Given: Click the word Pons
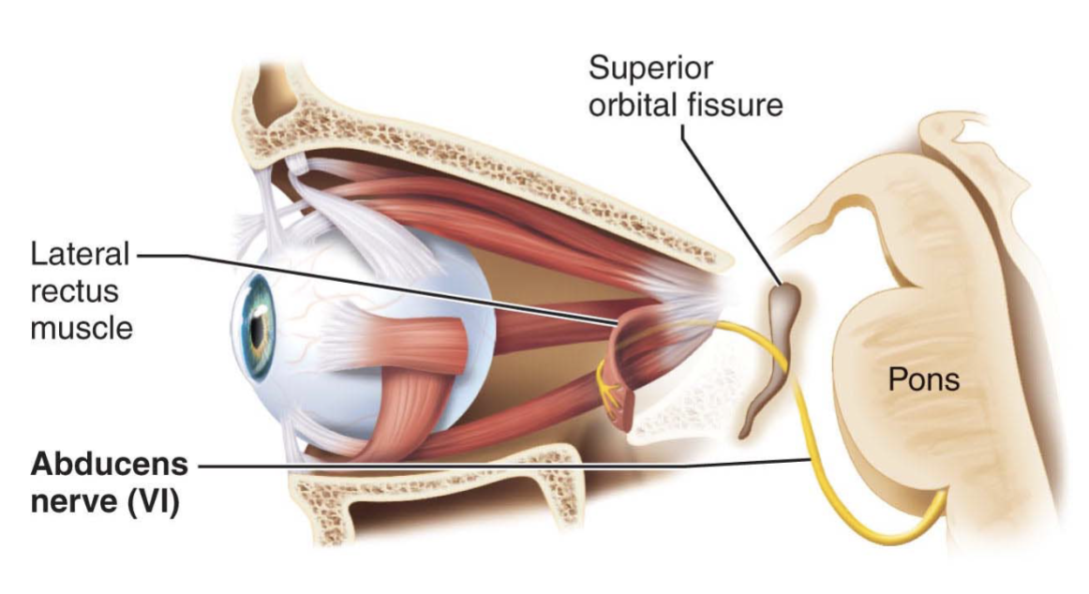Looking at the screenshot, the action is click(924, 379).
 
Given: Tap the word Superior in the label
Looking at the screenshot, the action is click(650, 68).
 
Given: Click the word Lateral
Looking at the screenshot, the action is click(80, 254).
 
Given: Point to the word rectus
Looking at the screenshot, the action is click(74, 291).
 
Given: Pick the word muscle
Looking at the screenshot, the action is click(82, 328).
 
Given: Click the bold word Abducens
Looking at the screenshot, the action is click(109, 464).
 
